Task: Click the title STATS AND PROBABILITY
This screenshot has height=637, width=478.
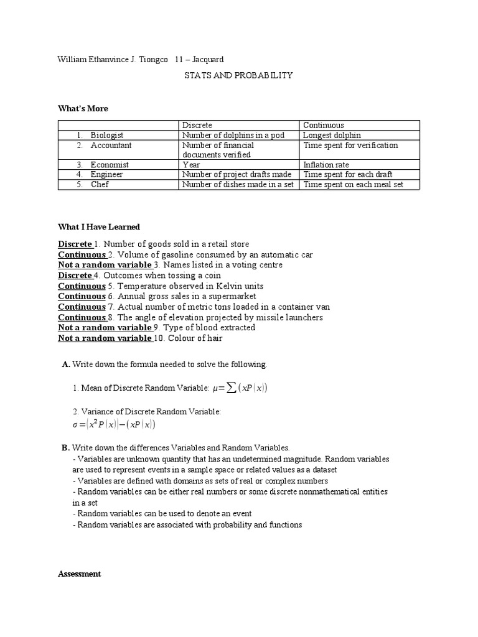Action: pos(238,75)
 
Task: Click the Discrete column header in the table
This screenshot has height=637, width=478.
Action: pos(197,125)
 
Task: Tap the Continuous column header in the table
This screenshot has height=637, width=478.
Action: pos(323,125)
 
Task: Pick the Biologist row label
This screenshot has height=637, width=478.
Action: pos(106,135)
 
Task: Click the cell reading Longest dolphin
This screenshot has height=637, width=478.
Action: pos(332,135)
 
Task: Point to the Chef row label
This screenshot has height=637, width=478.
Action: pos(99,184)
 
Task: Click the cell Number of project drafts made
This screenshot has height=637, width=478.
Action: pos(237,175)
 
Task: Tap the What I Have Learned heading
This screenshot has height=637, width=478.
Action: pos(99,227)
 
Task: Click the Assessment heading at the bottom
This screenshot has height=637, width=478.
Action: pos(79,574)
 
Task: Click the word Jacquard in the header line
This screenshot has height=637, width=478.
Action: pos(208,59)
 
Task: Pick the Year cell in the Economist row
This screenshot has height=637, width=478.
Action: pos(191,165)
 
